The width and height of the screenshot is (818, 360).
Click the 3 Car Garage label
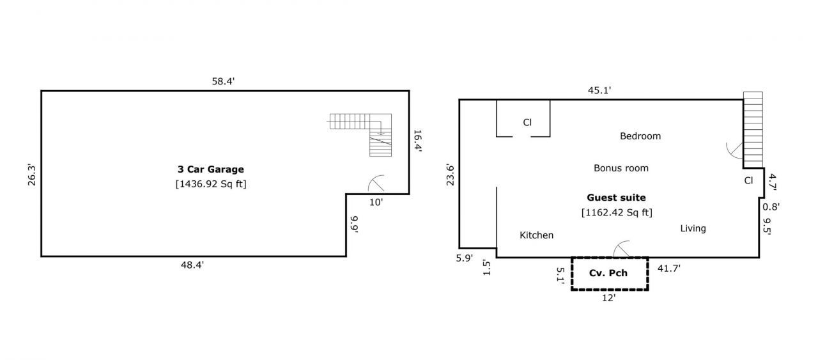pos(211,169)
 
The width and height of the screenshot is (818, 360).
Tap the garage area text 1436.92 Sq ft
pos(211,184)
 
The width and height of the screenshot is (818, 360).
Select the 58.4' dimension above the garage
pos(223,81)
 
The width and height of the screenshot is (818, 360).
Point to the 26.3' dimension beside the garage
pos(32,175)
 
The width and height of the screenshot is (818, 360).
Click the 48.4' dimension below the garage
pos(192,265)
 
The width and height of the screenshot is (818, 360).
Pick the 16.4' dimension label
pos(418,141)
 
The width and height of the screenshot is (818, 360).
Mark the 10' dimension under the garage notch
pos(376,202)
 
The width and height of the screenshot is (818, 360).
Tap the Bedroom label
pos(640,136)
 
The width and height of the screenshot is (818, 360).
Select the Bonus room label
pos(621,168)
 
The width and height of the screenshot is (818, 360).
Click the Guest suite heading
pos(616,198)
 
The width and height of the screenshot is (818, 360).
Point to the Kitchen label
pos(536,235)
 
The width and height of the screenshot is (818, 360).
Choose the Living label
pos(693,228)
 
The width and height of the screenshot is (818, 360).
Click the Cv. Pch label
pos(608,273)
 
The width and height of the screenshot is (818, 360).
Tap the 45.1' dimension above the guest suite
pos(599,90)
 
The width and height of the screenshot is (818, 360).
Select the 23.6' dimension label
pos(451,175)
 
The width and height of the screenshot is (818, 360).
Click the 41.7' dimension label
pos(669,269)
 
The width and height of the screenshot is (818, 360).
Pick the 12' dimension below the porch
pos(609,298)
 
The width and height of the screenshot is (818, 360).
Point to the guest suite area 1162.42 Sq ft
pos(617,212)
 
